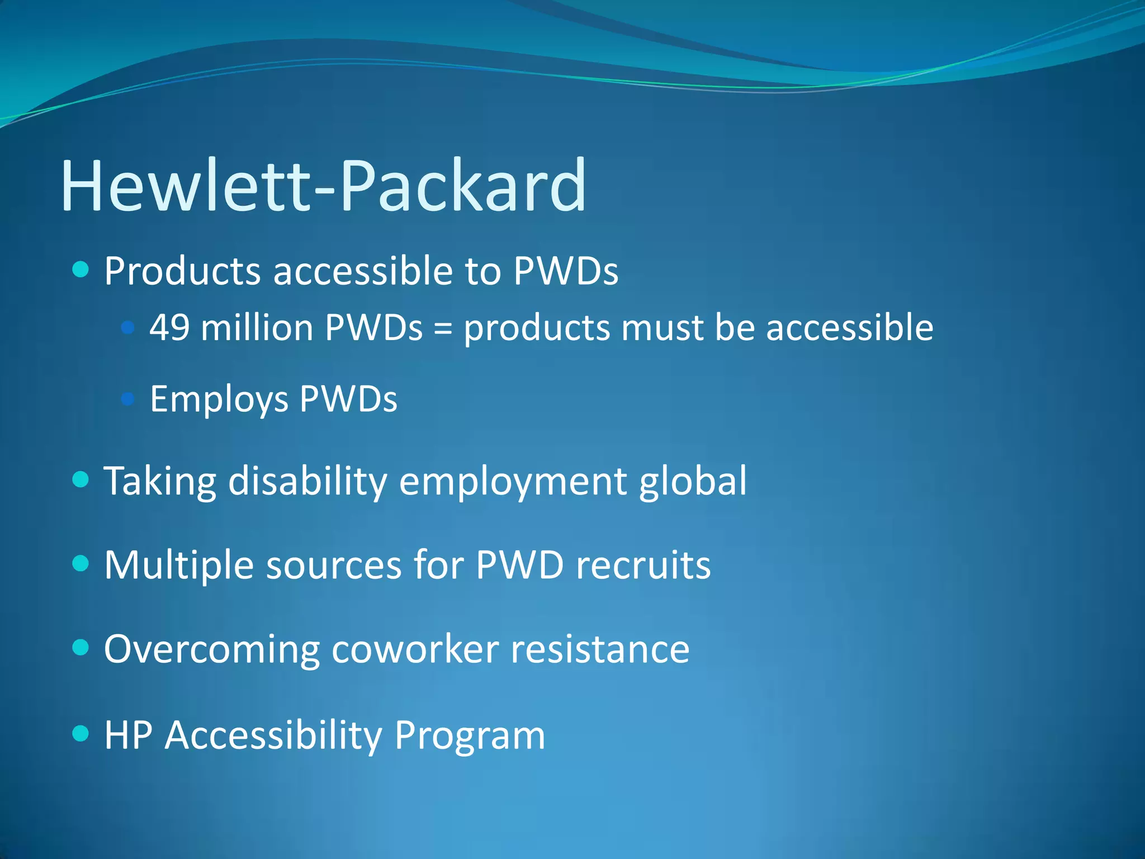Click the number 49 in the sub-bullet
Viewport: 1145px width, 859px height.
point(169,328)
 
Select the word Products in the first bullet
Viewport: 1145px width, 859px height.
point(182,271)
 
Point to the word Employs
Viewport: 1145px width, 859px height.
point(219,399)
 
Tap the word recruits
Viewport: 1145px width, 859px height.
point(643,565)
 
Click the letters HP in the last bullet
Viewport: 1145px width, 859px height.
point(128,735)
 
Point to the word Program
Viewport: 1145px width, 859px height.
point(470,736)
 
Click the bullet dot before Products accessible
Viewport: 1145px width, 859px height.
point(81,270)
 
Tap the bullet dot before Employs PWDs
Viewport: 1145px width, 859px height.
point(128,399)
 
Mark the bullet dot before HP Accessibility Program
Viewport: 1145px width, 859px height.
point(81,733)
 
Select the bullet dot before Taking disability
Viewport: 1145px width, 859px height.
point(81,479)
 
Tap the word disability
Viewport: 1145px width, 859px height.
point(307,481)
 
